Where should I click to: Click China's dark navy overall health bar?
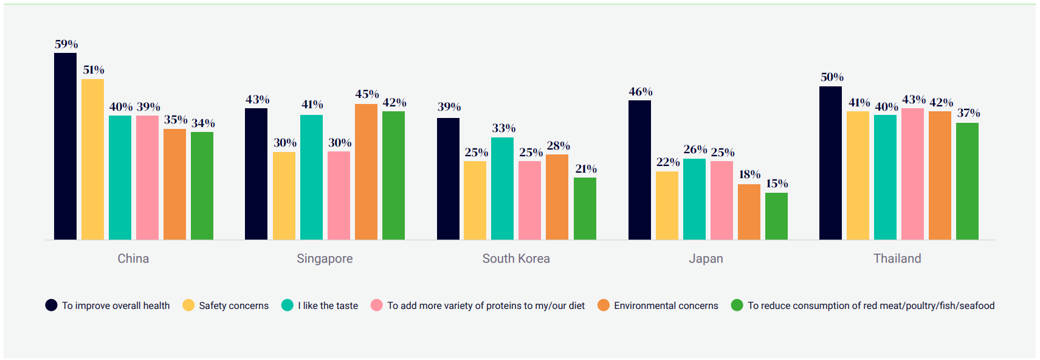click(65, 146)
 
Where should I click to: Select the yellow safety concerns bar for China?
click(92, 159)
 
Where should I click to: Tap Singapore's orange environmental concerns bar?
click(366, 171)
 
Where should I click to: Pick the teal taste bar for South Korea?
click(502, 189)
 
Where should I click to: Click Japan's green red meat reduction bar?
click(776, 216)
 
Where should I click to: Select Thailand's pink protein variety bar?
click(912, 174)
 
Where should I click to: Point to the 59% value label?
click(66, 44)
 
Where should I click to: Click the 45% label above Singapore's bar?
click(367, 94)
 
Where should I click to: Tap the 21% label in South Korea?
click(586, 169)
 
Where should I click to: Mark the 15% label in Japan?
click(777, 184)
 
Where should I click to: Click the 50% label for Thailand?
click(832, 77)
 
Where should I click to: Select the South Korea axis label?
click(516, 258)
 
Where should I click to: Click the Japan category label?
click(706, 258)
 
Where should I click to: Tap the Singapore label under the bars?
click(325, 258)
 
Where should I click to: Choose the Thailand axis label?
click(897, 258)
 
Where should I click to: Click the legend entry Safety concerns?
click(233, 305)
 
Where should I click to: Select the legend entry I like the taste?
click(328, 305)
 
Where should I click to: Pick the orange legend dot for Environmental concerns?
click(604, 305)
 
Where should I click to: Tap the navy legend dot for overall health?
click(51, 305)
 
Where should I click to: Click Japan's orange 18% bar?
click(749, 212)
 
